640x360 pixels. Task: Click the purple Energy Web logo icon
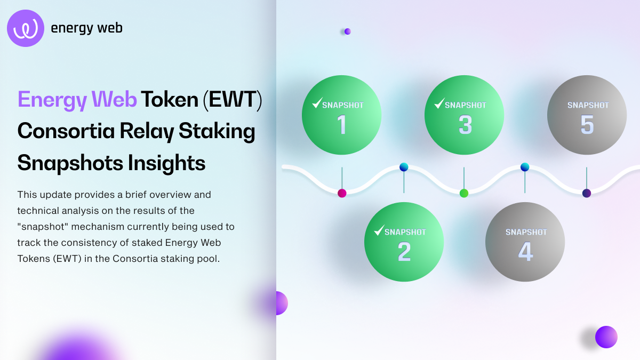tap(26, 28)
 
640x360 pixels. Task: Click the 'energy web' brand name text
tap(86, 28)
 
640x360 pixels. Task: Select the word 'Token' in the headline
tap(170, 99)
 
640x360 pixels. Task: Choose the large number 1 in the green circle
tap(342, 124)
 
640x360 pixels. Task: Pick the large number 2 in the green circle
tap(404, 251)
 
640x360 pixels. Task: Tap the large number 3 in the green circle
tap(465, 124)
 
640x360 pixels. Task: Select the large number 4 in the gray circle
tap(525, 251)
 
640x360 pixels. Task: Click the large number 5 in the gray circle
tap(587, 124)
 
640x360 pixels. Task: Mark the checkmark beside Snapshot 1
tap(317, 102)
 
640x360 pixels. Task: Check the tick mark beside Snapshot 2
tap(379, 230)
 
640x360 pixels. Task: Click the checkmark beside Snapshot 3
tap(439, 102)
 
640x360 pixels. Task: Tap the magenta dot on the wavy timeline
tap(342, 193)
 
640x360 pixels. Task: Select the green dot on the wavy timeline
tap(464, 193)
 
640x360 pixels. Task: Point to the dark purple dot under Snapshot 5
tap(587, 193)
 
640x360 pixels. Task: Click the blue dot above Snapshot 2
tap(404, 167)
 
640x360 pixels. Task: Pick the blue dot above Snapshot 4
tap(525, 167)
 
